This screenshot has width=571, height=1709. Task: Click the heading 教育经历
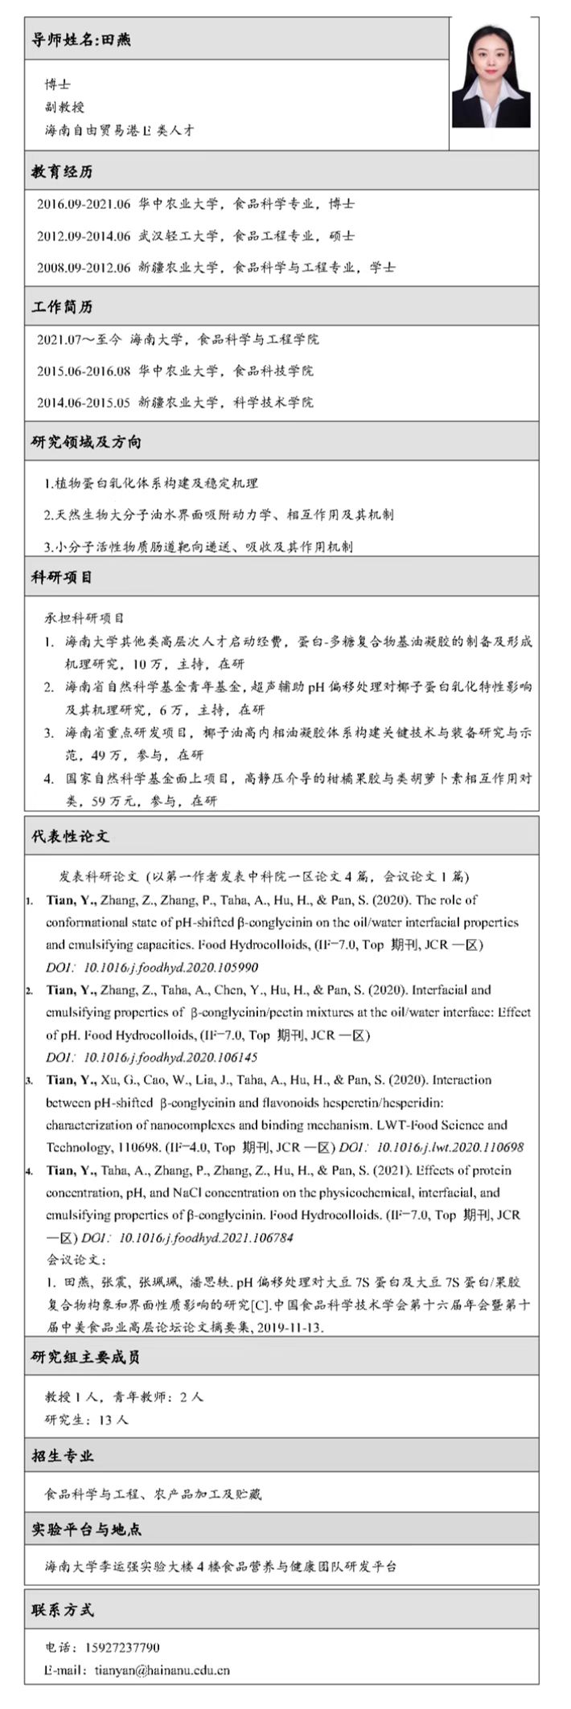click(62, 172)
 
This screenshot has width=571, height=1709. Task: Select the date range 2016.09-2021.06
click(84, 204)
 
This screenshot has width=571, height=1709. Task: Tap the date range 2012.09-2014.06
click(84, 236)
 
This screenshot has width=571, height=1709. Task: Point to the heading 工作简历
click(62, 307)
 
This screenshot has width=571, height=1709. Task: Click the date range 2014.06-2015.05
click(84, 403)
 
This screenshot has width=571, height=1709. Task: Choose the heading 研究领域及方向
click(86, 442)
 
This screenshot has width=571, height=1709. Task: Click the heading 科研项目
click(62, 577)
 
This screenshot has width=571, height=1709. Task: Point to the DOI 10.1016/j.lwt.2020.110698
click(450, 1148)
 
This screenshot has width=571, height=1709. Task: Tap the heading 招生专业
click(62, 1455)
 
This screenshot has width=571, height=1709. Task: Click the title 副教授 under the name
click(64, 106)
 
